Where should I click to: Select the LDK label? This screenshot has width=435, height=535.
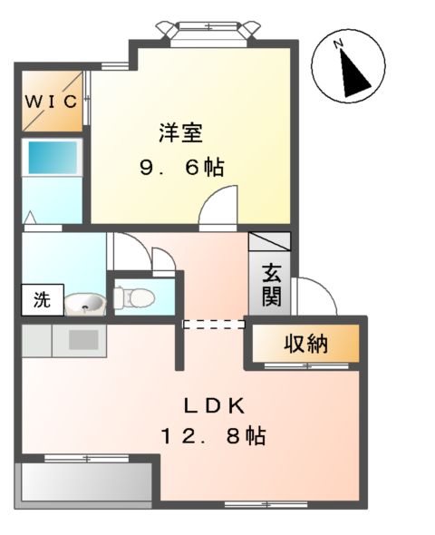click(x=215, y=405)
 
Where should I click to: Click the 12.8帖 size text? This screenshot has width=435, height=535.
click(x=214, y=437)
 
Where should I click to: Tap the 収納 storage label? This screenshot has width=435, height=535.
click(x=305, y=344)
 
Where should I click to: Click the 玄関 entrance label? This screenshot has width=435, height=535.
click(x=271, y=282)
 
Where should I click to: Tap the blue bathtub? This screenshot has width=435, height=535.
click(x=53, y=159)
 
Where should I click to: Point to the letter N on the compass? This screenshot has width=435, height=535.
click(x=337, y=44)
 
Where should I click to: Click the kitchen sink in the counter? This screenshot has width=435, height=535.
click(x=83, y=340)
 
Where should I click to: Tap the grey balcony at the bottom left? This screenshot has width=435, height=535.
click(x=83, y=481)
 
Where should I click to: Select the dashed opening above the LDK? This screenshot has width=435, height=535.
click(x=214, y=324)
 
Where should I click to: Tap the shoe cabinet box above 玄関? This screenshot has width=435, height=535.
click(x=270, y=243)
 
